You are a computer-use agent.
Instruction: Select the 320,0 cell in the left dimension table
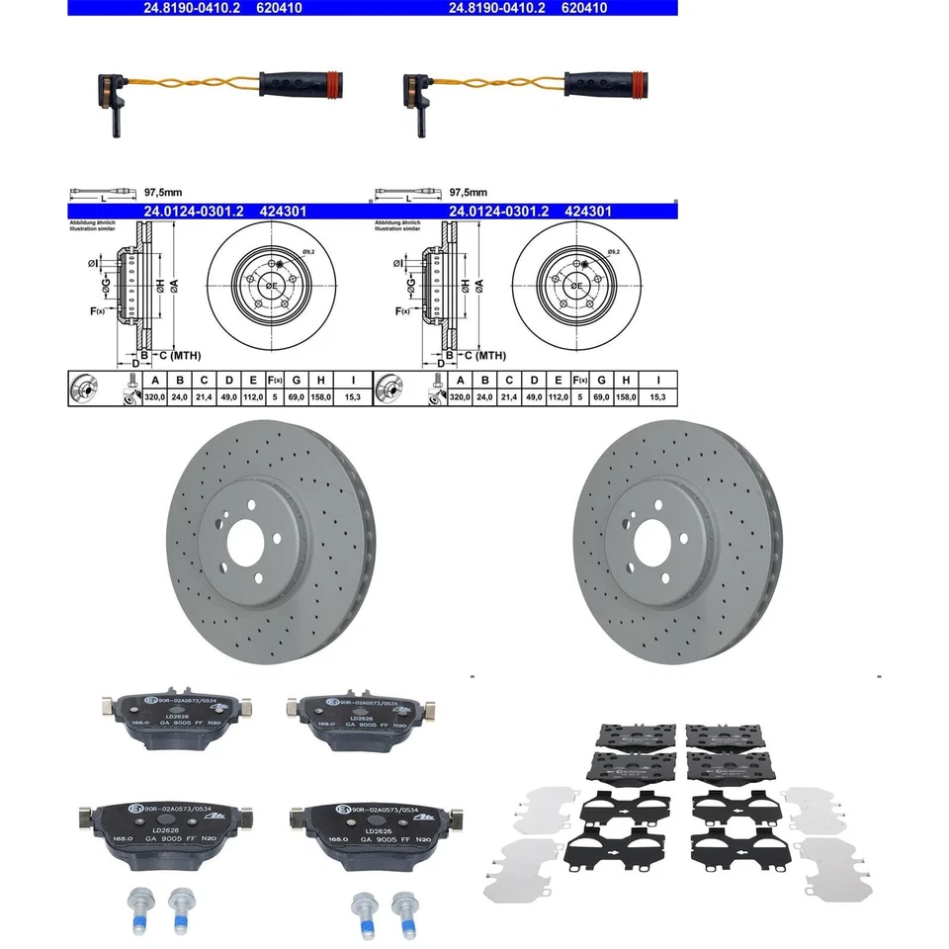[x=154, y=396]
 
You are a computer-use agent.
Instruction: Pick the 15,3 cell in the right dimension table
[x=656, y=396]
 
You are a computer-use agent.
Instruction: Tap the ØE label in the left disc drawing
[x=270, y=285]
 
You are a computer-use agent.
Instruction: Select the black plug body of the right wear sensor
[x=599, y=82]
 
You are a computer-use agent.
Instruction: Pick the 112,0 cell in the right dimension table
[x=559, y=396]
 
